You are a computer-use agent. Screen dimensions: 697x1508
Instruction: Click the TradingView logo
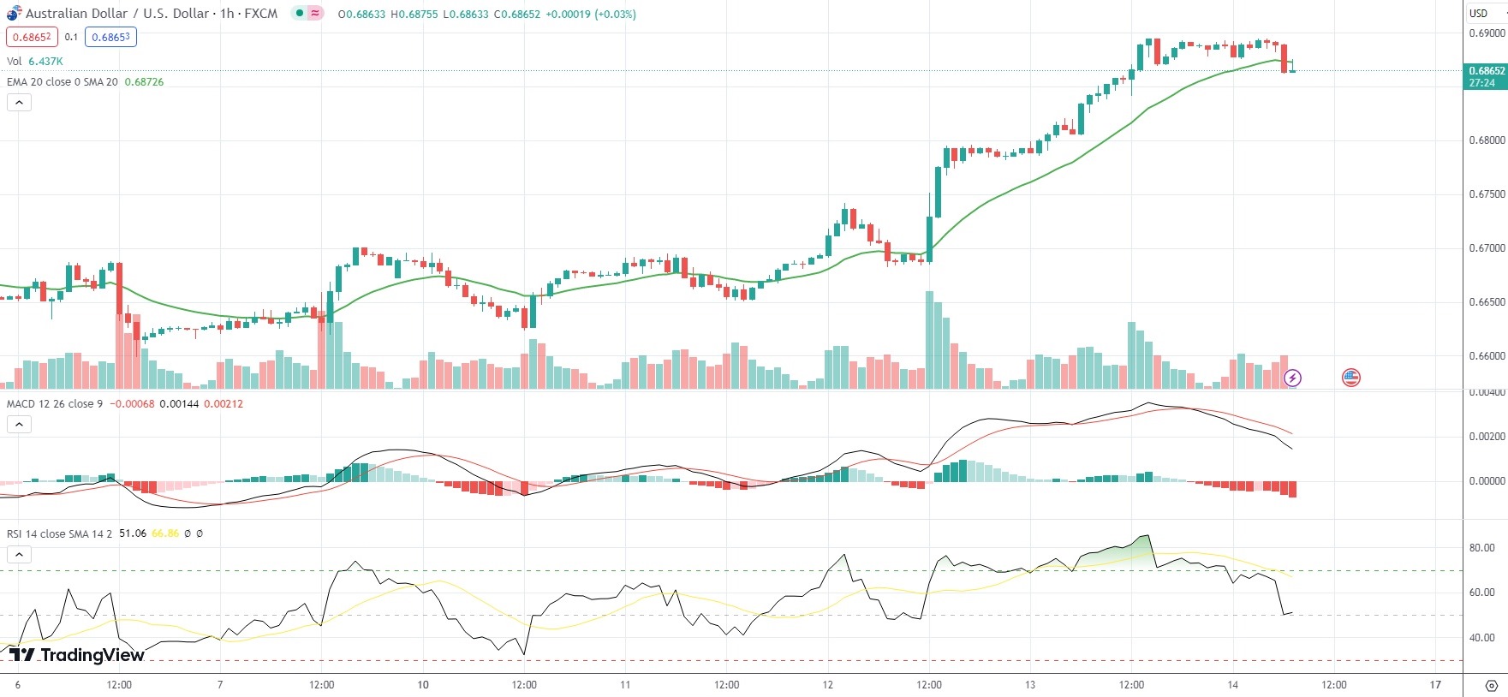click(77, 655)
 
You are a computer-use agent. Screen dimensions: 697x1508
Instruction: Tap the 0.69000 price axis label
click(1487, 33)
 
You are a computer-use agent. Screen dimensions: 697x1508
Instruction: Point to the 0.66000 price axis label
click(1487, 356)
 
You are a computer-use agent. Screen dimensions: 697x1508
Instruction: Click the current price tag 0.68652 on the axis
click(1486, 71)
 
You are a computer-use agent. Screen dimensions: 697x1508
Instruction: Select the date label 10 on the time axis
click(423, 685)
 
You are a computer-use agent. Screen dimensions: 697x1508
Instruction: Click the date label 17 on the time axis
click(1435, 685)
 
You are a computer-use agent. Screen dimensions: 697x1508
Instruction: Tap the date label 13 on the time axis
click(1030, 685)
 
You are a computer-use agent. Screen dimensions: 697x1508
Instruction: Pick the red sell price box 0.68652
click(32, 37)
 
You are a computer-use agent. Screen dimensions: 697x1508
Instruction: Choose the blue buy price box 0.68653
click(110, 37)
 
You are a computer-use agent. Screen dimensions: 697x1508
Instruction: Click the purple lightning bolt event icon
click(1293, 378)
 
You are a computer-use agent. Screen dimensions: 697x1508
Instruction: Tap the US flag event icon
click(1351, 378)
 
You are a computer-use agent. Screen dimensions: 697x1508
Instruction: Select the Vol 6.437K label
click(35, 62)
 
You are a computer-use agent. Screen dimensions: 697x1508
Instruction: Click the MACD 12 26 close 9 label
click(55, 404)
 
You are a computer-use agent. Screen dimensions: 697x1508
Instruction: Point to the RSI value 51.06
click(132, 533)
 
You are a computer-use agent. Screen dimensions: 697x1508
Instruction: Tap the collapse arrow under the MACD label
click(19, 424)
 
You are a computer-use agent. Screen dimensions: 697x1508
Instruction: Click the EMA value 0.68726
click(144, 82)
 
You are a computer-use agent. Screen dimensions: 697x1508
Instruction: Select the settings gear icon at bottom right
click(1491, 686)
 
